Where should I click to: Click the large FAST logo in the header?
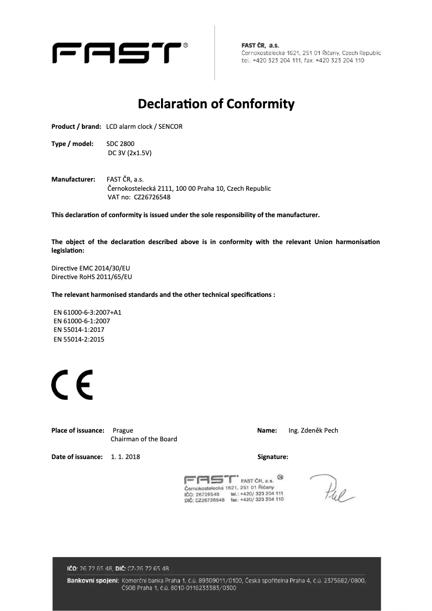coord(116,53)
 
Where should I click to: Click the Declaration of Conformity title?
coord(216,103)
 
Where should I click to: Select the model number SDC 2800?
coord(120,144)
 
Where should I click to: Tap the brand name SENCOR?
coord(170,127)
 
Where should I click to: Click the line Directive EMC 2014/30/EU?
coord(91,268)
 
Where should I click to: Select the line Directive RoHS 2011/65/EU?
coord(91,276)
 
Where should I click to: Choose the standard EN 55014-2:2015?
coord(79,339)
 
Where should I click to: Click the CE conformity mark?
coord(72,385)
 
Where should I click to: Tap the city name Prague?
coord(123,430)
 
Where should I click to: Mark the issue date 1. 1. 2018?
coord(126,457)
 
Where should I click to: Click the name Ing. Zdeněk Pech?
coord(313,430)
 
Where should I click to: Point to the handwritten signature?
coord(331,488)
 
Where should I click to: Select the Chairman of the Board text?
coord(144,439)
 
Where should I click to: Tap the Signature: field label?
coord(273,457)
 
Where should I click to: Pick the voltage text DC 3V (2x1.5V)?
coord(130,152)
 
